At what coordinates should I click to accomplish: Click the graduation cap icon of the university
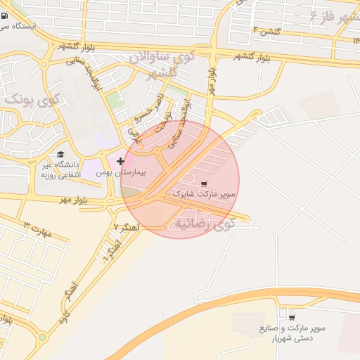point(60,154)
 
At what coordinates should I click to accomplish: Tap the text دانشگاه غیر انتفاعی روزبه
point(60,169)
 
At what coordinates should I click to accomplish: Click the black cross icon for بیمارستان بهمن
point(120,161)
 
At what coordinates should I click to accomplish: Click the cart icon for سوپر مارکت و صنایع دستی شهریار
point(291,318)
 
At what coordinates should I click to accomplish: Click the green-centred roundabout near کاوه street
point(41,337)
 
